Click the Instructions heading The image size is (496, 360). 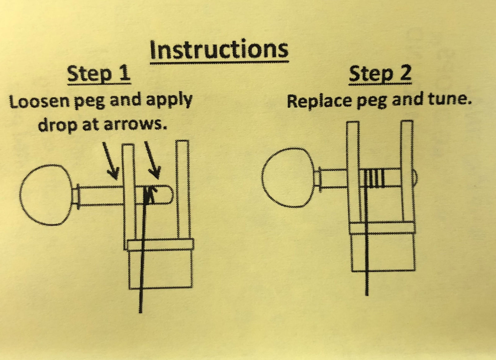point(219,50)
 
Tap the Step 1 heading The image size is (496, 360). point(99,74)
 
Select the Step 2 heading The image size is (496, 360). point(380,74)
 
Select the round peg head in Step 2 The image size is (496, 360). point(289,178)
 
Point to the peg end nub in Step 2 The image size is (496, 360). point(415,177)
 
